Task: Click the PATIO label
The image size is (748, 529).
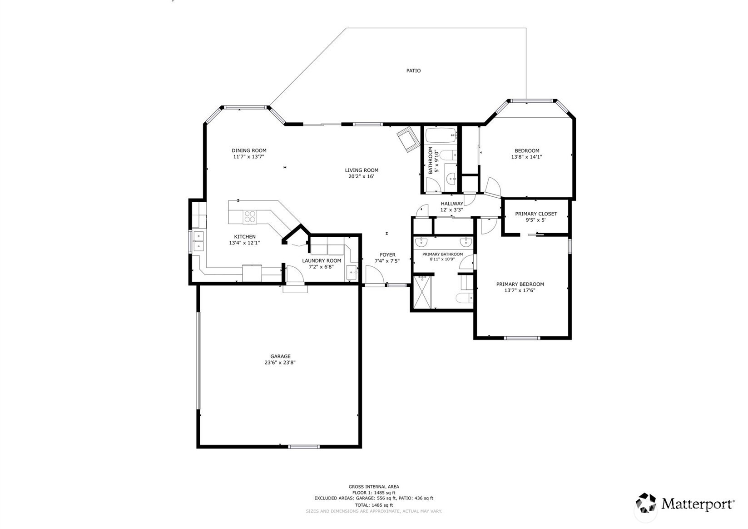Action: (413, 70)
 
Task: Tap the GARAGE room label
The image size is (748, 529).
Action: (281, 356)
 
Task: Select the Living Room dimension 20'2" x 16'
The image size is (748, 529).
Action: (362, 176)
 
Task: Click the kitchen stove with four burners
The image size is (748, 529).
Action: (250, 216)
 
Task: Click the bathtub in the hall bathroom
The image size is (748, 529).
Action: (441, 135)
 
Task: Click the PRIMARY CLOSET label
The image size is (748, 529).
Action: (536, 214)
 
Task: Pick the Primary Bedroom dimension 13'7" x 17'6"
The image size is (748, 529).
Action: (520, 290)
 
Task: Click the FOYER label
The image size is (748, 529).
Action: (387, 255)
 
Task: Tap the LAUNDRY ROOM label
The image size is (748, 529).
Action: (322, 261)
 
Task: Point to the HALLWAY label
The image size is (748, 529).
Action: (452, 204)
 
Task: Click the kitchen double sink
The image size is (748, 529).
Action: (198, 241)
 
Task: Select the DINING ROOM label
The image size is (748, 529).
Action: (249, 150)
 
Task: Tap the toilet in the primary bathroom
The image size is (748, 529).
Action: (465, 297)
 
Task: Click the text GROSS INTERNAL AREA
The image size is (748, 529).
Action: (374, 487)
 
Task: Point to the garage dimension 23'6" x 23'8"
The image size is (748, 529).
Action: (280, 362)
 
